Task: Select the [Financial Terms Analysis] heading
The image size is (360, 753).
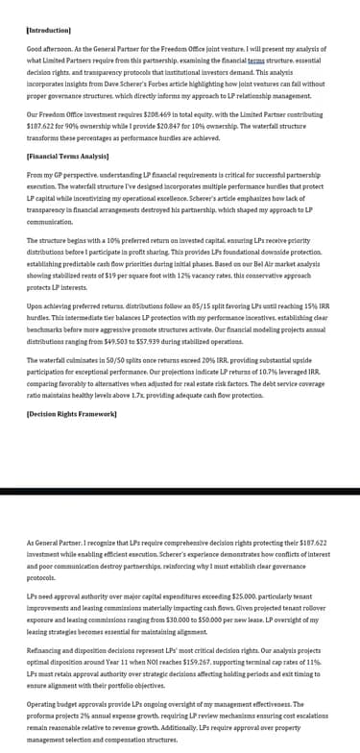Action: pos(67,156)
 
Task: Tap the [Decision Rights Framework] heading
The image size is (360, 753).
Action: pos(72,440)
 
